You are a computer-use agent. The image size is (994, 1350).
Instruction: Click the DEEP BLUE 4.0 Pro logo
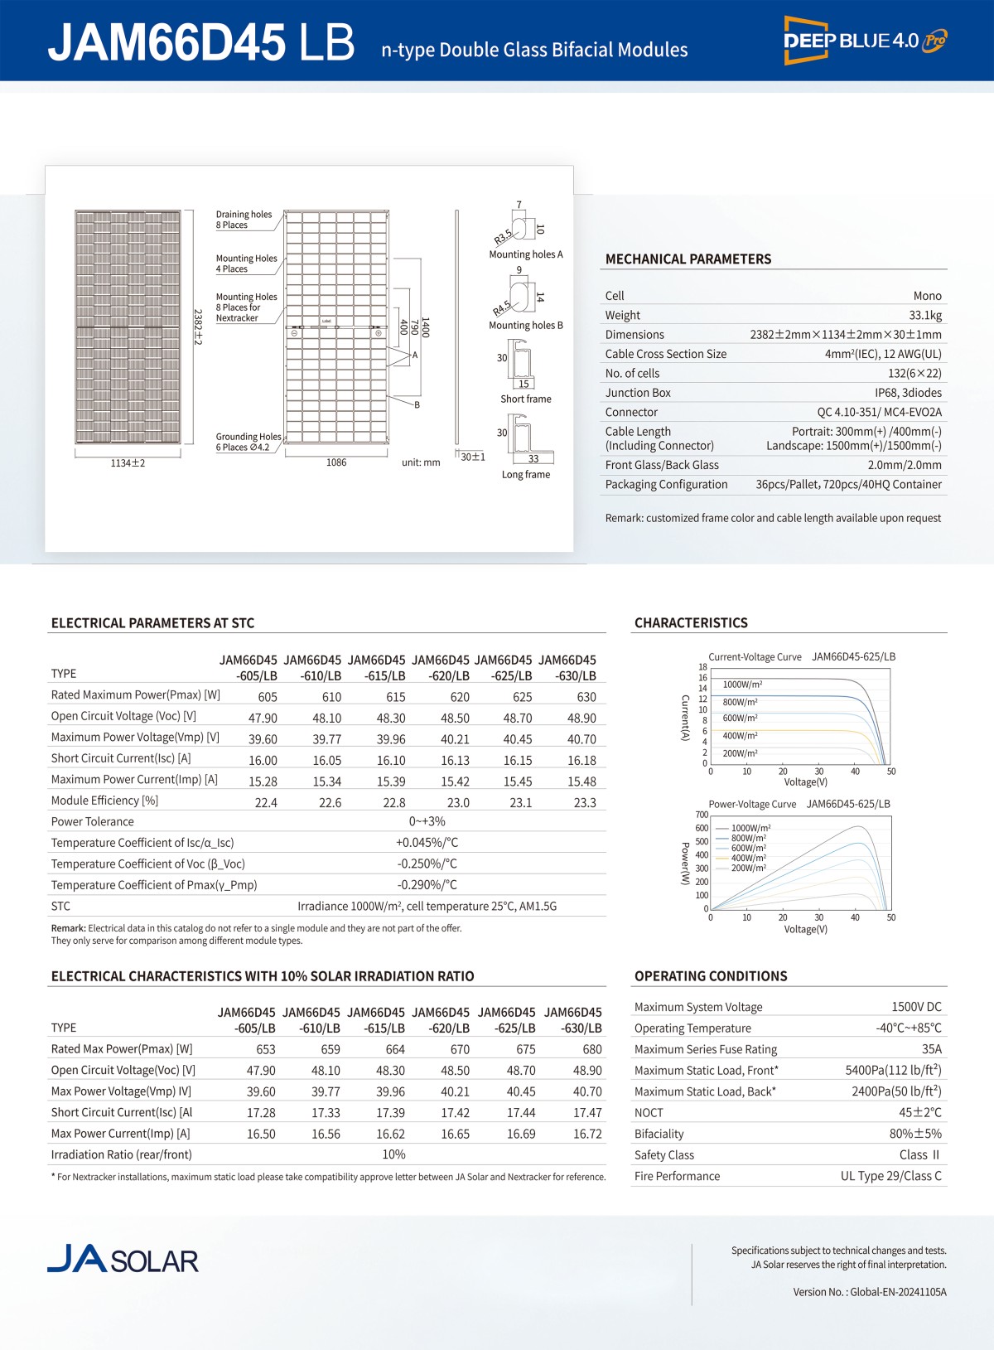865,40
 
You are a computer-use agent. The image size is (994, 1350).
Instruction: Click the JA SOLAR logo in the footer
123,1259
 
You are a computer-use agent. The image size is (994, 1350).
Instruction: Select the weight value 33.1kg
924,315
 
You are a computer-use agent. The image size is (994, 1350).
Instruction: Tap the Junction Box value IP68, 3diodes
908,393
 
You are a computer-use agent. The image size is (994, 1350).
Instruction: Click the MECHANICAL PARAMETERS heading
688,259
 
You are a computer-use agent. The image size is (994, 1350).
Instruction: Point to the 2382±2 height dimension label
198,327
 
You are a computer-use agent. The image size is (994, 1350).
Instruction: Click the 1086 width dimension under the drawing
336,462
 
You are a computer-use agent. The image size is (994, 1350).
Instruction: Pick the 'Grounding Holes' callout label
248,437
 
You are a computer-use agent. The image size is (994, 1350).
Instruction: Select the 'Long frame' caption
525,475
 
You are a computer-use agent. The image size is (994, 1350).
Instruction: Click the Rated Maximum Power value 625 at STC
522,697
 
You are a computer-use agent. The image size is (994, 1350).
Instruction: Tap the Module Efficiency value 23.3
585,802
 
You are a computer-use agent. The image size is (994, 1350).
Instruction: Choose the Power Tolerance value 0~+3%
427,821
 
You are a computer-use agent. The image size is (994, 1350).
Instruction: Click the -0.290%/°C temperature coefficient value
427,885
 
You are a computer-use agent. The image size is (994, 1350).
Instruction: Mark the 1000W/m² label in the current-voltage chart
742,685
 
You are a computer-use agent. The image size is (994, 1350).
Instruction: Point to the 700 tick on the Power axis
702,815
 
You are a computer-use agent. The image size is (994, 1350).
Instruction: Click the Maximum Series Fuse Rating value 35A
931,1049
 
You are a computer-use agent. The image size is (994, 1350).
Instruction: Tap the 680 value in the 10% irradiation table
591,1049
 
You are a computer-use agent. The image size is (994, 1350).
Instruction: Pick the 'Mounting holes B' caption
525,326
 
